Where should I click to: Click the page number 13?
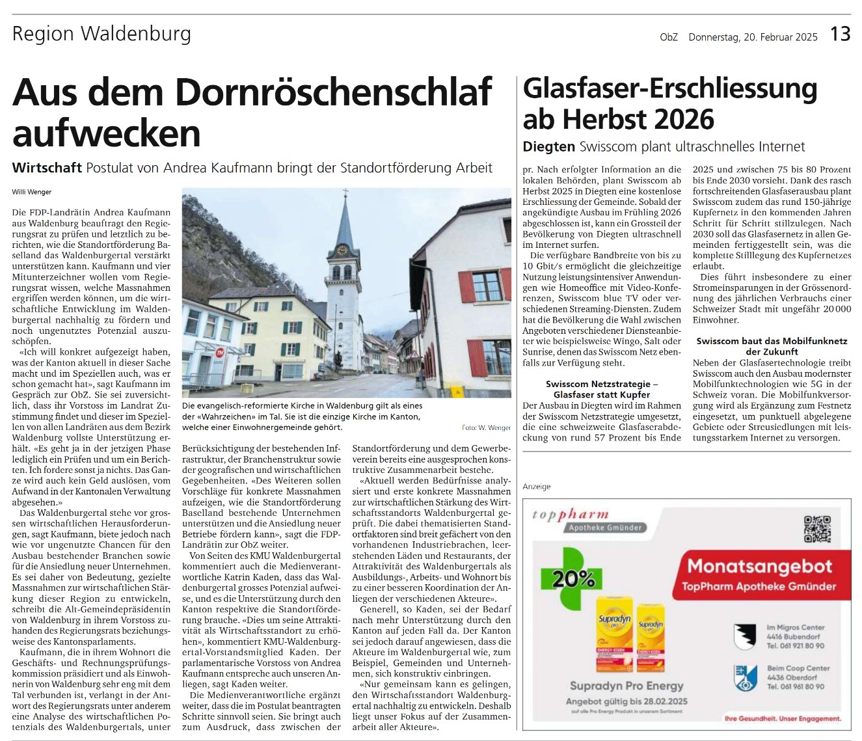point(840,34)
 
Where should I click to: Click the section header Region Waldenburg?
point(101,34)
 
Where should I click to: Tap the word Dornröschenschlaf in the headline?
point(332,92)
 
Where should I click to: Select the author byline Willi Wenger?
point(31,192)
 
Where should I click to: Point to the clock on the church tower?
point(342,250)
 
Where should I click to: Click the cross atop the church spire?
point(345,193)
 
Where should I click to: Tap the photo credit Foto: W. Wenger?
point(486,427)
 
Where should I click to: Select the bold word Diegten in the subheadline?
point(549,147)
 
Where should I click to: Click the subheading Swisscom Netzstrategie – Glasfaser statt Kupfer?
point(602,389)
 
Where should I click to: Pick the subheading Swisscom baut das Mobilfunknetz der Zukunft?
point(772,346)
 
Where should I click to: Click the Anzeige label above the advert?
point(536,487)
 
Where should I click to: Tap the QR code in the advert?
point(817,529)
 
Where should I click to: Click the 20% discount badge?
point(573,578)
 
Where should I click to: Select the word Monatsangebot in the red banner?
point(760,566)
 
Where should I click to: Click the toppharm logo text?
point(570,515)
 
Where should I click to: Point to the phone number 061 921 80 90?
point(795,646)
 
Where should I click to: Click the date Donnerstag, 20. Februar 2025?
point(753,37)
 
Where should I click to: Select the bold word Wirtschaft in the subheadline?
point(47,168)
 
